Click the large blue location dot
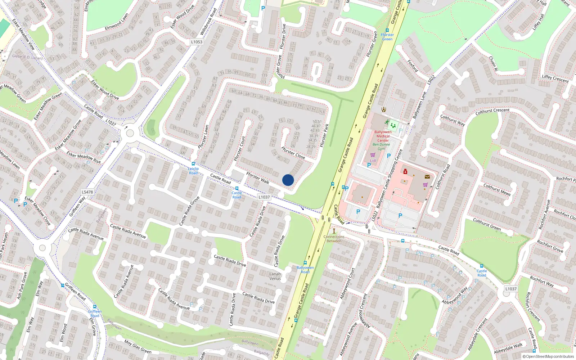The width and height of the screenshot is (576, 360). tap(288, 180)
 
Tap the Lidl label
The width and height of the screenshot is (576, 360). tap(373, 161)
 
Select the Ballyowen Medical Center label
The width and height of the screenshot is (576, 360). tap(383, 136)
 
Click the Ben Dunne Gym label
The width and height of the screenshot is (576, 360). tap(381, 147)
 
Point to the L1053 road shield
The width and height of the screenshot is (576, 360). tap(197, 42)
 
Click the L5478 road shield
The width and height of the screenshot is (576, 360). tap(87, 192)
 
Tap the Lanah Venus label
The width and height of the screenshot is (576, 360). tap(275, 276)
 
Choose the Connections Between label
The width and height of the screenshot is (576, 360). tap(334, 239)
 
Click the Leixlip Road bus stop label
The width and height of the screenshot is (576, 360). tap(193, 171)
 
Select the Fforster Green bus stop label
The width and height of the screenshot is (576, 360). tap(387, 37)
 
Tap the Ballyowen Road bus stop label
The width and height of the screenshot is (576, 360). tap(305, 270)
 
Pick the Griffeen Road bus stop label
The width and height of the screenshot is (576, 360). tap(95, 314)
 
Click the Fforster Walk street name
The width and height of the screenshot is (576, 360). tap(258, 178)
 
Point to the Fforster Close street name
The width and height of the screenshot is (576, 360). tap(293, 153)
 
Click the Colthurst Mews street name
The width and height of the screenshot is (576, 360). tap(497, 190)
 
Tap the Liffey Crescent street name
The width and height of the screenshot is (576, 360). tap(555, 78)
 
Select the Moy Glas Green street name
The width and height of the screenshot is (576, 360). tap(138, 346)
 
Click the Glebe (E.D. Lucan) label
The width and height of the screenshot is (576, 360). tap(27, 57)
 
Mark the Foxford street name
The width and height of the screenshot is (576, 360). tap(413, 66)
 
